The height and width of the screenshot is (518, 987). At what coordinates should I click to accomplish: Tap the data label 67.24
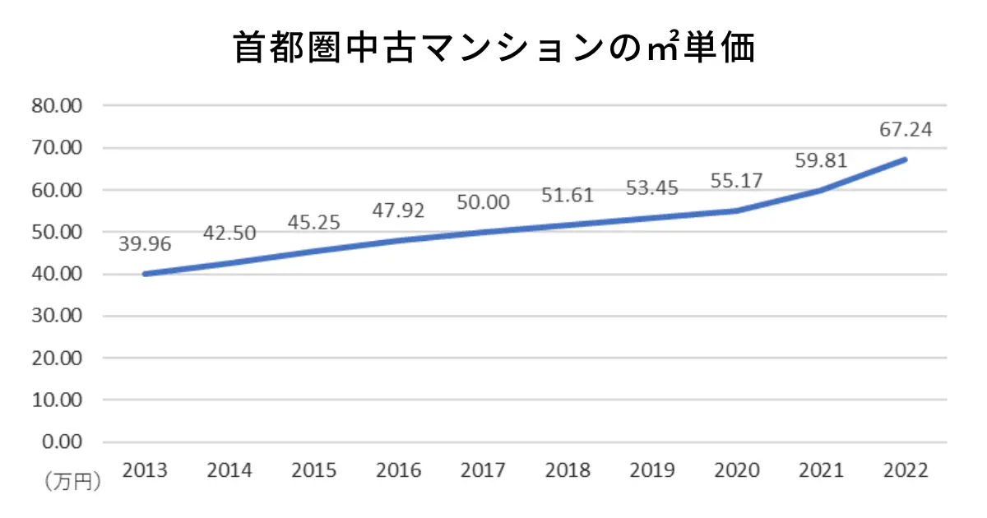click(905, 130)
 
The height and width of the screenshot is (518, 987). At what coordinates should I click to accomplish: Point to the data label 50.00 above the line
click(483, 201)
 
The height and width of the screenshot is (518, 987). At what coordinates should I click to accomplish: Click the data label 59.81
click(821, 160)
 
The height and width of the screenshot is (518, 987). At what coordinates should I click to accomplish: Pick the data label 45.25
click(314, 222)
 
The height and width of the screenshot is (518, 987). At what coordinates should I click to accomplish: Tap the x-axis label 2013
click(145, 471)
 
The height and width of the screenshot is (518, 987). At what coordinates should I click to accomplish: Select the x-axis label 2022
click(905, 471)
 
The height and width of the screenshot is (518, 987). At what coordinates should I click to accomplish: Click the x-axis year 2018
click(568, 471)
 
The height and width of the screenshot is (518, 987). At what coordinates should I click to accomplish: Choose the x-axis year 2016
click(398, 471)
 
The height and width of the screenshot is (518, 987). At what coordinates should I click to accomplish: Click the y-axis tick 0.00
click(63, 442)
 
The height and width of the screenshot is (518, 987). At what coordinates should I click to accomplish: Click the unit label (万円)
click(72, 481)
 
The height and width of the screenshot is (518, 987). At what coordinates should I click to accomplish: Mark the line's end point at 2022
click(905, 160)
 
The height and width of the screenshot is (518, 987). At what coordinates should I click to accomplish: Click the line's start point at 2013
click(145, 274)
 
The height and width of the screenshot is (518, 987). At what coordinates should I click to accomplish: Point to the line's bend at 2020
click(737, 210)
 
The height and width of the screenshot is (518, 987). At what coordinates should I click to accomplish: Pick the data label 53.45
click(651, 187)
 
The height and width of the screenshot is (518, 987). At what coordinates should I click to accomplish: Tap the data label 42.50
click(229, 233)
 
